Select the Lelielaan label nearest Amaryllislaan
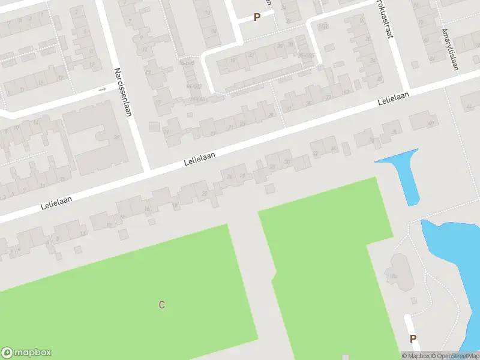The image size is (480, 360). (x=394, y=99)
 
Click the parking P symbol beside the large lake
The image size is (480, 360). (x=413, y=339)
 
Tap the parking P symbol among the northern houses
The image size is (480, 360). (x=257, y=17)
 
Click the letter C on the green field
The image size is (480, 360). (x=161, y=305)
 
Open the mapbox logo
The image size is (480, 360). (x=26, y=353)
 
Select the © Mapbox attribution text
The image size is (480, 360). (x=416, y=356)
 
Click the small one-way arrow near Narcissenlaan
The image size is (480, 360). (x=102, y=89)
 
